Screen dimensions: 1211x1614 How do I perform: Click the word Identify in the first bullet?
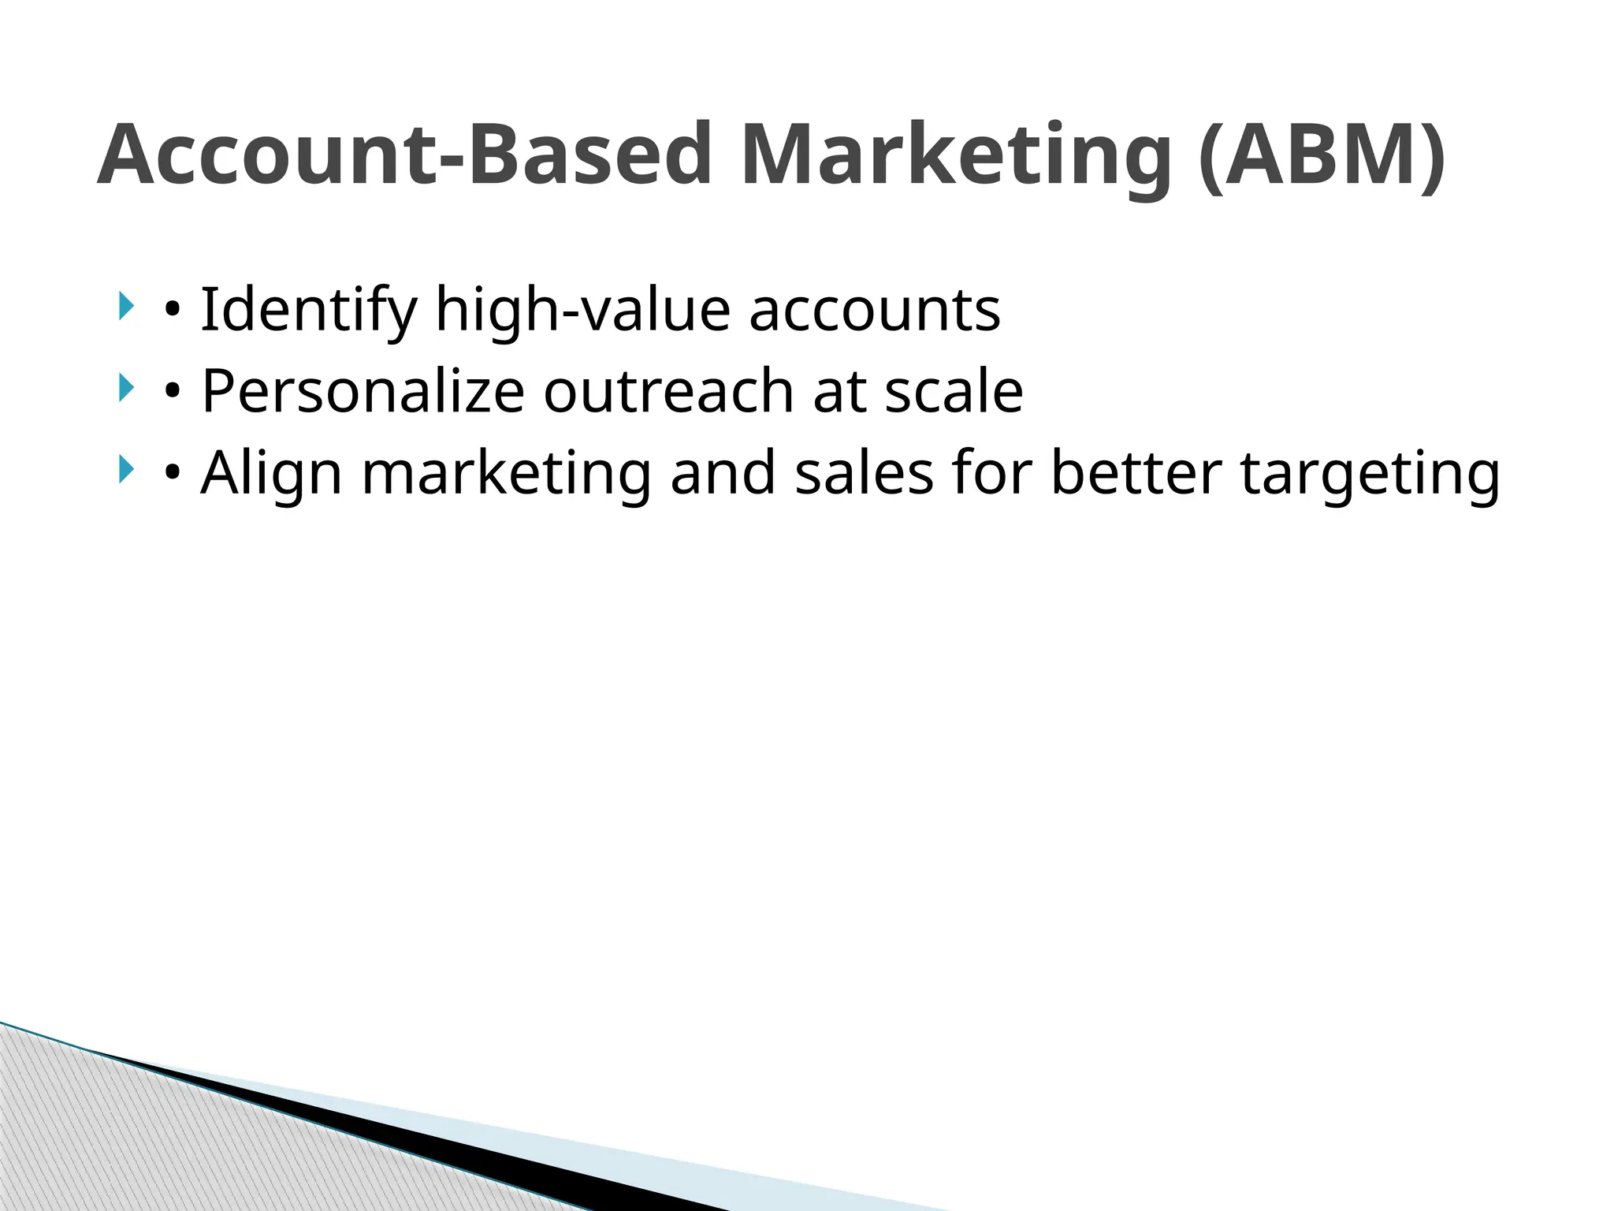[308, 310]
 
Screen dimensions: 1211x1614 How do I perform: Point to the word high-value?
[582, 310]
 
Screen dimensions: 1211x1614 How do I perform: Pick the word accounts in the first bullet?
[874, 310]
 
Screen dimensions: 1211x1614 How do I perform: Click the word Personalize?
[363, 391]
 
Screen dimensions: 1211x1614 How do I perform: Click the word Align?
[271, 473]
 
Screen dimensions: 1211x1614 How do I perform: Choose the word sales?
[864, 473]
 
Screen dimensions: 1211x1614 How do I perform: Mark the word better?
[1136, 473]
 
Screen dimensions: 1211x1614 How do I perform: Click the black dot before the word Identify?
[172, 313]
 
